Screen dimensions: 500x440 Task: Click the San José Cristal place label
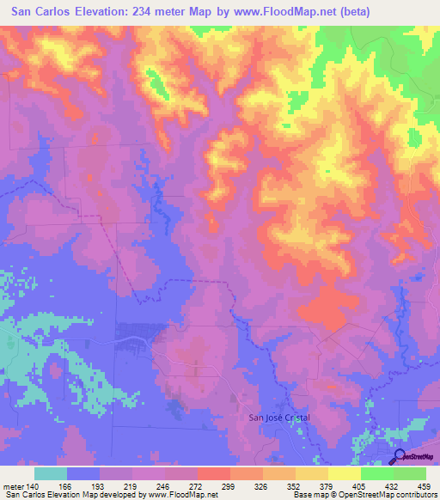[x=278, y=418]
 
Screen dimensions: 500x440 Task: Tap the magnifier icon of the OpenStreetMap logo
[x=400, y=456]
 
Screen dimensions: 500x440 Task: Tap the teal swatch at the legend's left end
[x=51, y=473]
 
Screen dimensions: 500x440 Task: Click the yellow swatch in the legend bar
[x=345, y=473]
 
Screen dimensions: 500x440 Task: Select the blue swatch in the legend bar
[x=83, y=473]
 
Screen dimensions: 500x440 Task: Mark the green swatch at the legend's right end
[x=410, y=473]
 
